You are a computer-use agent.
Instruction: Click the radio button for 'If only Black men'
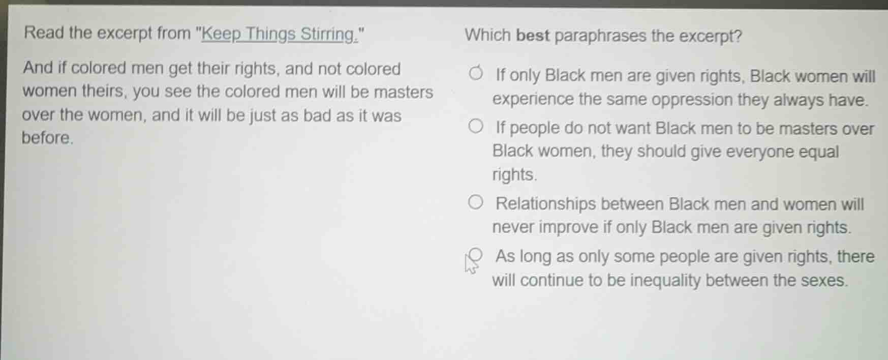point(476,74)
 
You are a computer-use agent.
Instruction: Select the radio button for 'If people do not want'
point(476,127)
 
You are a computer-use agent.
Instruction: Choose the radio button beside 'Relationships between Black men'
point(476,203)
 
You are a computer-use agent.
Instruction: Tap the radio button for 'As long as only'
point(476,254)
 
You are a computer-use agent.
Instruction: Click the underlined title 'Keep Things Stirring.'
point(280,34)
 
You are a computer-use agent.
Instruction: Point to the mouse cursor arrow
point(470,264)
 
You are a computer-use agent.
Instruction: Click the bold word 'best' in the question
point(533,36)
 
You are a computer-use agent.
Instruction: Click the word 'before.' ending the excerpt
point(48,138)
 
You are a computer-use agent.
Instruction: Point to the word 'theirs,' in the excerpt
point(107,92)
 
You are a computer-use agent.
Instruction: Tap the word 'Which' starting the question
point(487,36)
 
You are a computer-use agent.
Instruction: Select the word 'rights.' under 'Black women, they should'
point(514,175)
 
